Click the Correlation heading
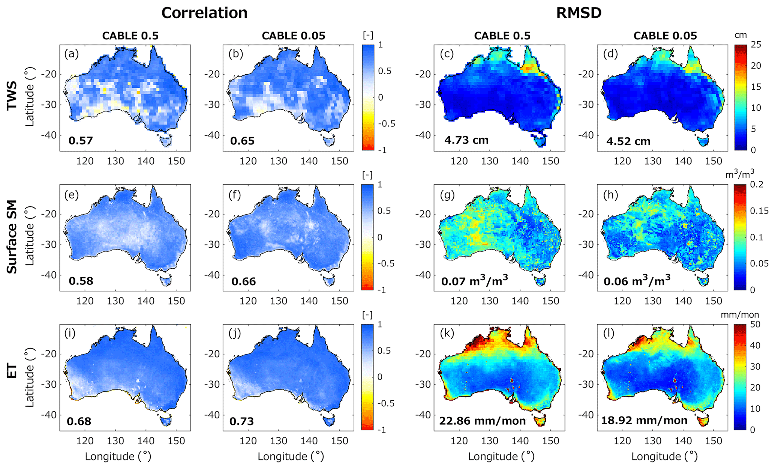tap(204, 13)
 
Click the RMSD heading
tap(579, 13)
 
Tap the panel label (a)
tap(71, 54)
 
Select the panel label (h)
tap(610, 195)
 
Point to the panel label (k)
tap(447, 334)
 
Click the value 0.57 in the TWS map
tap(81, 141)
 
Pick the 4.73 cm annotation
tap(466, 140)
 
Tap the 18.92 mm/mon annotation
tap(644, 420)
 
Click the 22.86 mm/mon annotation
tap(482, 421)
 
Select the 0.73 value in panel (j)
tap(242, 421)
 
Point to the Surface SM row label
tap(12, 237)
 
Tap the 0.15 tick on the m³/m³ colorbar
tap(759, 211)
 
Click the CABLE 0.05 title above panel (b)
tap(294, 36)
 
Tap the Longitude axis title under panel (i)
tap(118, 457)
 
